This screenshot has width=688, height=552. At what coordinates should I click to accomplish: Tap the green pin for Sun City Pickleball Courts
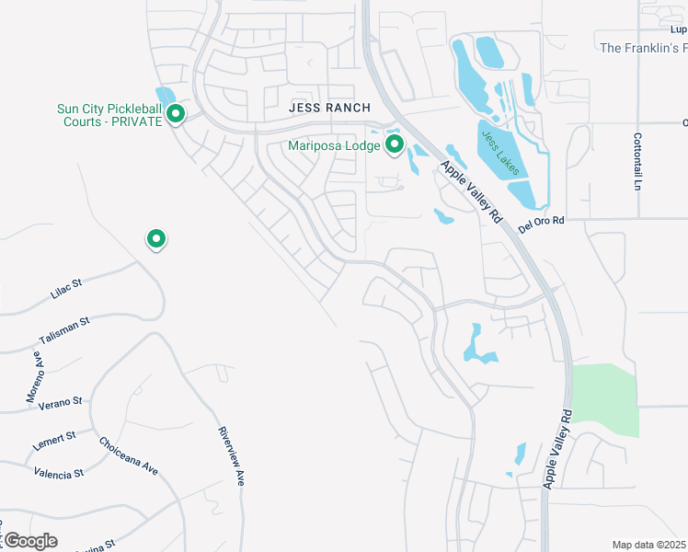[x=176, y=114]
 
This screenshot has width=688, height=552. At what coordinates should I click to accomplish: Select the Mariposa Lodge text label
[x=333, y=144]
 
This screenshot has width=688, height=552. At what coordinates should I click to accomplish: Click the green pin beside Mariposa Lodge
[x=396, y=144]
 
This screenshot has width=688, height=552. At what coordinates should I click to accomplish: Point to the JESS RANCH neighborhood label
[x=329, y=108]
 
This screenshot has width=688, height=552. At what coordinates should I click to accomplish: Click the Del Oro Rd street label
[x=539, y=225]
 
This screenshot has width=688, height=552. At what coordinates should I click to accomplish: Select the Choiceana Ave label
[x=129, y=455]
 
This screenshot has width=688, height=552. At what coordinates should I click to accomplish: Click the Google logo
[x=29, y=541]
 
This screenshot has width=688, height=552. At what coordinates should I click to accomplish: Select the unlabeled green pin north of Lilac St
[x=156, y=239]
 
